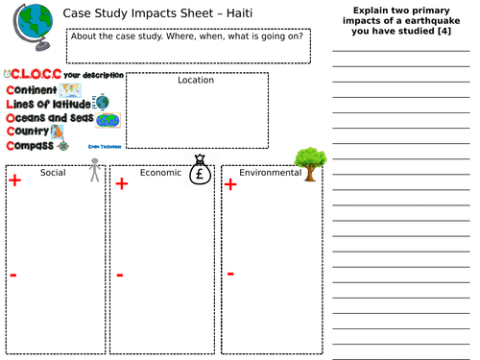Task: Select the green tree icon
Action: (x=307, y=163)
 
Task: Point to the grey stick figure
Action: (x=94, y=171)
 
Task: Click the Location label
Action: (x=196, y=81)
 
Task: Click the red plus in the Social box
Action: (x=14, y=180)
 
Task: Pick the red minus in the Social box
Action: (x=12, y=276)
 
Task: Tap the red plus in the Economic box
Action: (x=121, y=183)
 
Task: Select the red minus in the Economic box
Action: (x=120, y=276)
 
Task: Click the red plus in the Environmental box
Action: (x=230, y=183)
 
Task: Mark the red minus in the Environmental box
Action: (x=230, y=274)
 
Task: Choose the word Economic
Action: (x=159, y=174)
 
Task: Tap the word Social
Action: (x=52, y=174)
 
